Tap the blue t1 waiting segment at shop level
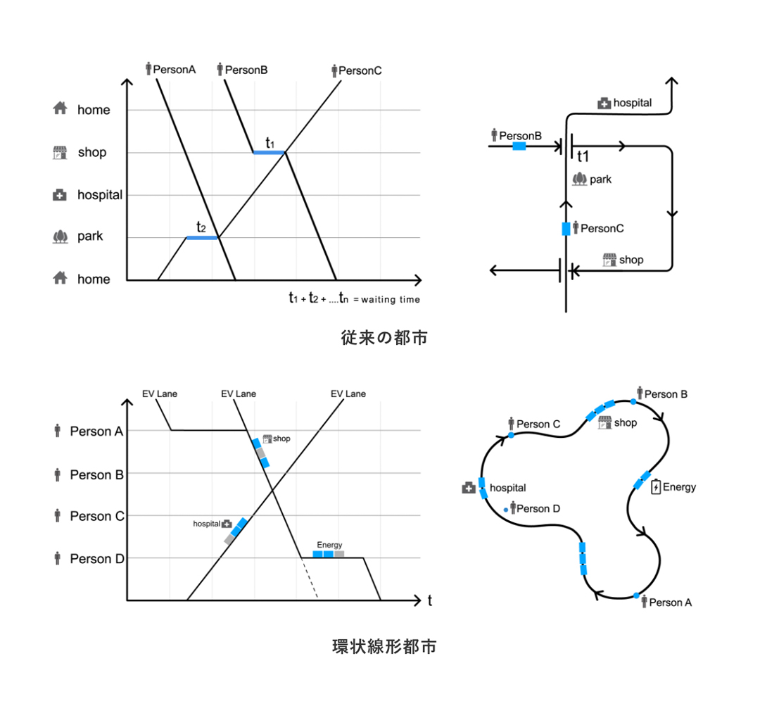[x=269, y=152]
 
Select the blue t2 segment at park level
[x=202, y=238]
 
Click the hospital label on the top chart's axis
[x=100, y=195]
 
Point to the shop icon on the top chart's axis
[x=60, y=153]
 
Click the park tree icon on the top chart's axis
[x=60, y=237]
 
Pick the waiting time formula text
[x=354, y=298]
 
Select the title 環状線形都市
[x=384, y=646]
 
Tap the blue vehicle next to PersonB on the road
[x=519, y=146]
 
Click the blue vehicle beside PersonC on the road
[x=566, y=229]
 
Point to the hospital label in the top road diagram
[x=632, y=103]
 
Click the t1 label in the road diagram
[x=583, y=156]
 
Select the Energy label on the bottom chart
[x=329, y=545]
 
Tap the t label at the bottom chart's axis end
[x=429, y=600]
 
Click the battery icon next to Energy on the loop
[x=657, y=487]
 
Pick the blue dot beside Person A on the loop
[x=637, y=596]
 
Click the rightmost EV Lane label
[x=348, y=394]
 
